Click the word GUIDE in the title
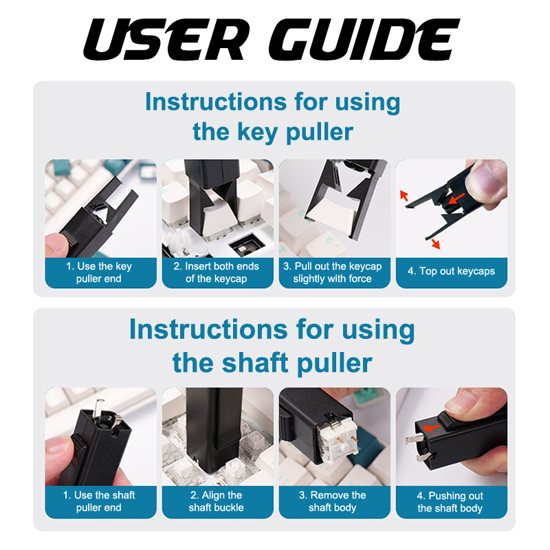[364, 40]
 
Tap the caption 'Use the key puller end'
[99, 272]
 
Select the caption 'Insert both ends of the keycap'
[216, 272]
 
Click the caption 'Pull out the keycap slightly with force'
[333, 272]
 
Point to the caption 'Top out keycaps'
[451, 271]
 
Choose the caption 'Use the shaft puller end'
[99, 501]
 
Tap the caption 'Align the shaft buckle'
[216, 501]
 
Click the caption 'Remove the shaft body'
[333, 501]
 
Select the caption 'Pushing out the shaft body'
[450, 502]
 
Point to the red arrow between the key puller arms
[456, 199]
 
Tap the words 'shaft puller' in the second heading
[297, 363]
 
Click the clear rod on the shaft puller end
[100, 408]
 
